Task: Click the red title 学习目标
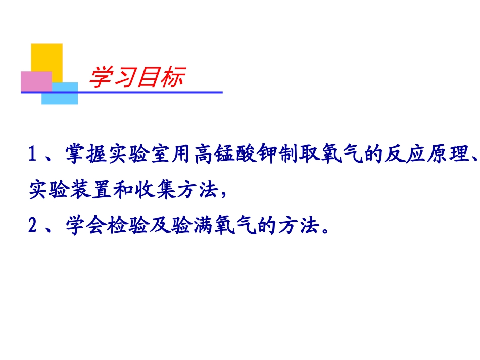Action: (x=136, y=78)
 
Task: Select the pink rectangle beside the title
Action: (x=35, y=81)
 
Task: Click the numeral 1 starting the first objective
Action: (x=33, y=155)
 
